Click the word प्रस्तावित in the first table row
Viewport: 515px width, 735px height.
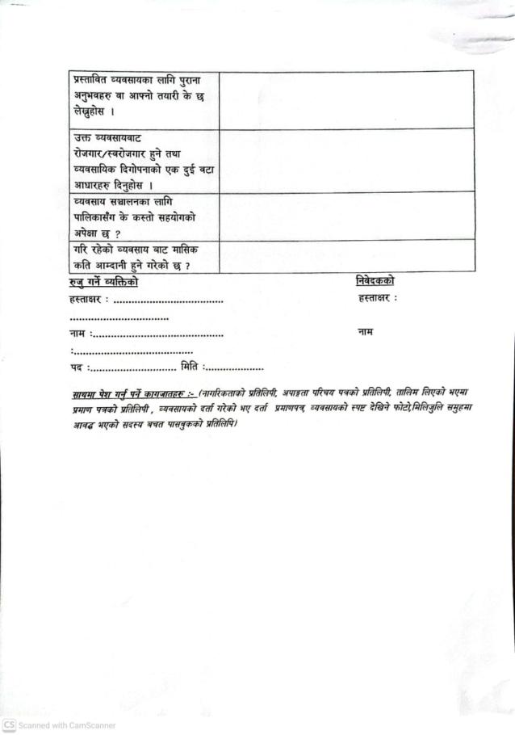click(91, 82)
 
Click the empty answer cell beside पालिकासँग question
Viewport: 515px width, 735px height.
click(346, 216)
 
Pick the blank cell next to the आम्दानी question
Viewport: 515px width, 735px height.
click(346, 257)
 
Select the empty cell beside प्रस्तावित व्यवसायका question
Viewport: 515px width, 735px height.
click(346, 99)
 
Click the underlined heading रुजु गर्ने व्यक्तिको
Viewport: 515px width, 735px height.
click(104, 283)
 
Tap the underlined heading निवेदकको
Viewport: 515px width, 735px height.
click(375, 281)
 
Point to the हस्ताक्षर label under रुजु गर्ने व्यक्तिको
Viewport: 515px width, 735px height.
click(89, 301)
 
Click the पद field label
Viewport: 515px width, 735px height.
click(77, 368)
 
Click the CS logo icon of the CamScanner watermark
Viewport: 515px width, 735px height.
click(9, 725)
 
